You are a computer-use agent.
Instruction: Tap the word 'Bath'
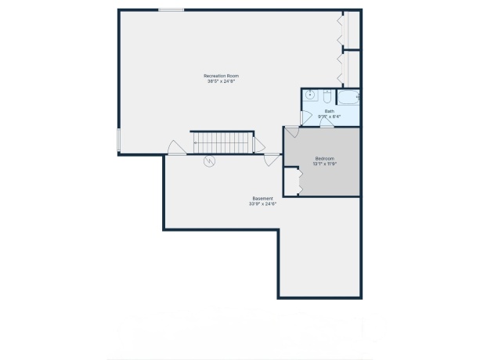click(329, 112)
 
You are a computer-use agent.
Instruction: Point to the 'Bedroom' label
click(324, 158)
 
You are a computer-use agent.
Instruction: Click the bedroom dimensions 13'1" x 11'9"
click(324, 164)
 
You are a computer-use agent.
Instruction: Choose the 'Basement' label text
click(262, 199)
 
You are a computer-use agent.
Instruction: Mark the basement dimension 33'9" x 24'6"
click(262, 204)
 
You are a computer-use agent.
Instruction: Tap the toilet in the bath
click(327, 96)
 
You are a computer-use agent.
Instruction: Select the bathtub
click(348, 97)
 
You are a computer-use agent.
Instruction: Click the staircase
click(223, 142)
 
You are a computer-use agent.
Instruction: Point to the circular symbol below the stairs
click(209, 162)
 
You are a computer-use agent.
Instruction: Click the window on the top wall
click(171, 10)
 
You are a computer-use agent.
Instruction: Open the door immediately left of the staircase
click(177, 148)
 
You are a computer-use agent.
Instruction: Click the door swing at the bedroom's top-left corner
click(291, 133)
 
